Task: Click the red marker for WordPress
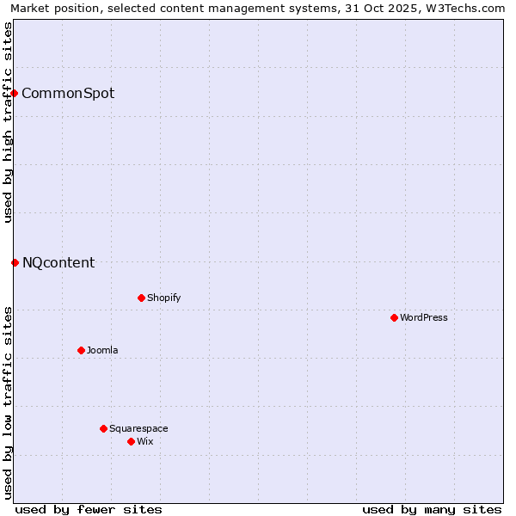(394, 317)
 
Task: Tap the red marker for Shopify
(141, 298)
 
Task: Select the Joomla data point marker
(81, 350)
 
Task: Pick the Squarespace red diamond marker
(103, 428)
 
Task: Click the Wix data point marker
(131, 441)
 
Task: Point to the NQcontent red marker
(15, 262)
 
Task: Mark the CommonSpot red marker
(15, 93)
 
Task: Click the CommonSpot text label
(68, 93)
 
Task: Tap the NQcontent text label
(58, 262)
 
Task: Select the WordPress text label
(424, 317)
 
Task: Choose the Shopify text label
(164, 298)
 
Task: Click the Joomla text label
(102, 350)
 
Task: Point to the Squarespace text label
(138, 428)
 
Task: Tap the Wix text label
(145, 441)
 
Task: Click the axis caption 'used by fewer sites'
(89, 509)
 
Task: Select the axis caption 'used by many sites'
(432, 509)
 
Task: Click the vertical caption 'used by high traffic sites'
(8, 122)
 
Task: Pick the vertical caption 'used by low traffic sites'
(8, 402)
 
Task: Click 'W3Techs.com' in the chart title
(470, 8)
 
